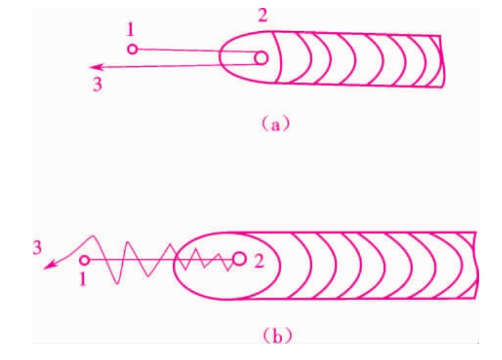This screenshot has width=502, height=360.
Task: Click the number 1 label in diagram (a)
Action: (130, 31)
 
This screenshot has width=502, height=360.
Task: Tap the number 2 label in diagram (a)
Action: (263, 15)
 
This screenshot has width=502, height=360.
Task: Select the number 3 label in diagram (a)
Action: (98, 84)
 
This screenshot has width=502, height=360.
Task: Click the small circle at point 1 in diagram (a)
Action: (132, 49)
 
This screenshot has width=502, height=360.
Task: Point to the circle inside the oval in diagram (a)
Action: (261, 58)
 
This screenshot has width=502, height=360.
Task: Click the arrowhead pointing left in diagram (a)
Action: (96, 67)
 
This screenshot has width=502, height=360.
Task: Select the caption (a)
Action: (276, 125)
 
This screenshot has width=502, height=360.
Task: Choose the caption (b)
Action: (277, 336)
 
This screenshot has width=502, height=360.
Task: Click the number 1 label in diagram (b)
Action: (83, 279)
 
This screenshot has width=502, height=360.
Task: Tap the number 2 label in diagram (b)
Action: (259, 261)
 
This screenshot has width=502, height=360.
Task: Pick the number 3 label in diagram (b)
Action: (37, 248)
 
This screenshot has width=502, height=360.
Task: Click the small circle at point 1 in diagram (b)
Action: (84, 260)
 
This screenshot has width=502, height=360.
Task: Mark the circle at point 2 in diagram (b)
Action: (239, 259)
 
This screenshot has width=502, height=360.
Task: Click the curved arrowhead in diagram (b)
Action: (48, 266)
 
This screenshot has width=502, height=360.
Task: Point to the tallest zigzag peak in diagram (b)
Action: (93, 237)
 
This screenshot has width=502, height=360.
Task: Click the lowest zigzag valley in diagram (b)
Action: (117, 283)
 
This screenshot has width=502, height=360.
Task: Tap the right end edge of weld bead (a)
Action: (442, 61)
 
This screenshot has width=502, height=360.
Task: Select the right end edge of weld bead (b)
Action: (477, 265)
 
